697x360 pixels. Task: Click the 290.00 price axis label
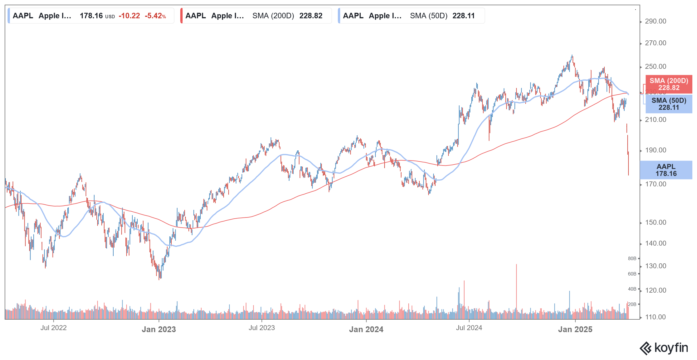point(655,21)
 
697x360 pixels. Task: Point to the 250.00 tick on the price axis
point(655,66)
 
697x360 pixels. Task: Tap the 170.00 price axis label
point(655,184)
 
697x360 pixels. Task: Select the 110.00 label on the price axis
point(655,317)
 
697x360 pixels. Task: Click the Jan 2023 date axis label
point(159,329)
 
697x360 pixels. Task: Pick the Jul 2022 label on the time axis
point(53,328)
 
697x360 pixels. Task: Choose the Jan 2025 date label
point(575,329)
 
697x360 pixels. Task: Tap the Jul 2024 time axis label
point(469,328)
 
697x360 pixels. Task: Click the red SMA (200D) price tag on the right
point(669,84)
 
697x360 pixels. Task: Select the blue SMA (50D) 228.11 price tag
point(669,104)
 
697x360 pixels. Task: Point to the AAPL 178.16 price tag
point(666,170)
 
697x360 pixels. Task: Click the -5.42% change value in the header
point(155,16)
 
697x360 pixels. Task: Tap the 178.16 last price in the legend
point(91,16)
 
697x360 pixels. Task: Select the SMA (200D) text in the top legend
point(273,16)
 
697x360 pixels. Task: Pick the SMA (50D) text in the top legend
point(428,16)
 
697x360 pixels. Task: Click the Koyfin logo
point(664,348)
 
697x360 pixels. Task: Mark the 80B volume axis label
point(632,259)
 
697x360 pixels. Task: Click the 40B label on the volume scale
point(632,289)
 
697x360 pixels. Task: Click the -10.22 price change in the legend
point(129,16)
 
